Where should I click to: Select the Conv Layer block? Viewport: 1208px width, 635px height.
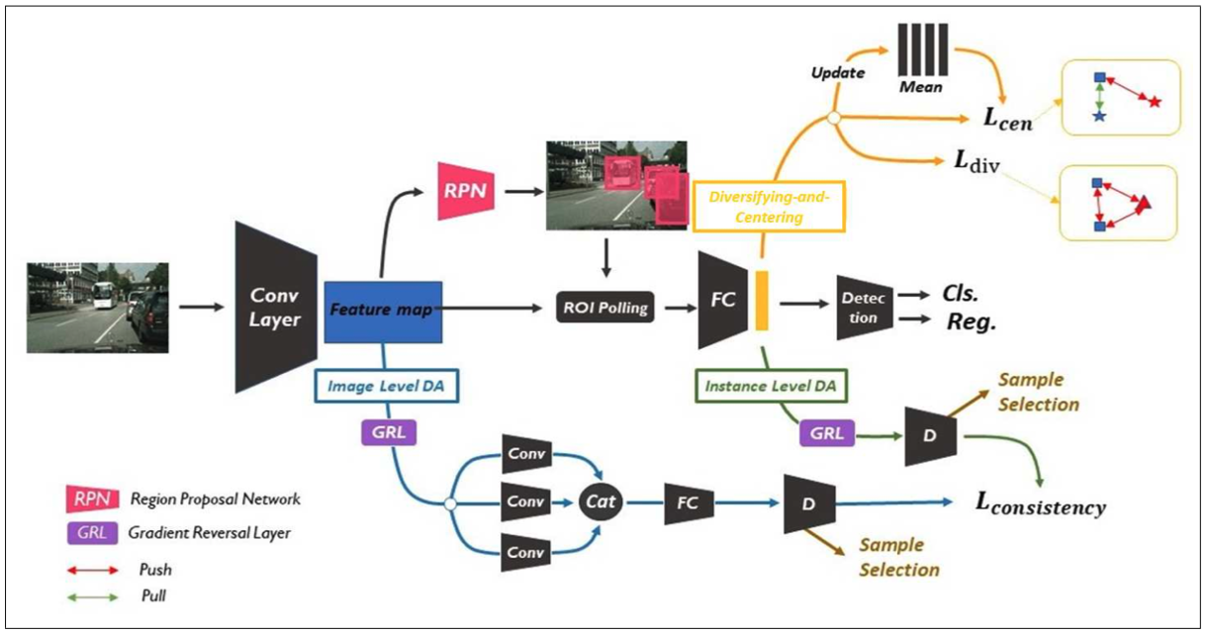tap(275, 307)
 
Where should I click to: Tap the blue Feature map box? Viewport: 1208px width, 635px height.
tap(381, 309)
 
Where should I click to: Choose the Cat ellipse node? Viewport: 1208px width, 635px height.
tap(601, 501)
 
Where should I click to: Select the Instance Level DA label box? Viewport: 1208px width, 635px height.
tap(771, 386)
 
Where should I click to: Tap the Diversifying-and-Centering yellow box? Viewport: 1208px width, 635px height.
tap(769, 206)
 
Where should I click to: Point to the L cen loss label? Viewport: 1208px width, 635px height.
tap(1007, 118)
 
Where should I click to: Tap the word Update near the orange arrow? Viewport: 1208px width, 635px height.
tap(838, 74)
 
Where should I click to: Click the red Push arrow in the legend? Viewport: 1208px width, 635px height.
tap(90, 570)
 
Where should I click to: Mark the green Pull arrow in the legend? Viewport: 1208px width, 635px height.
tap(90, 595)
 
